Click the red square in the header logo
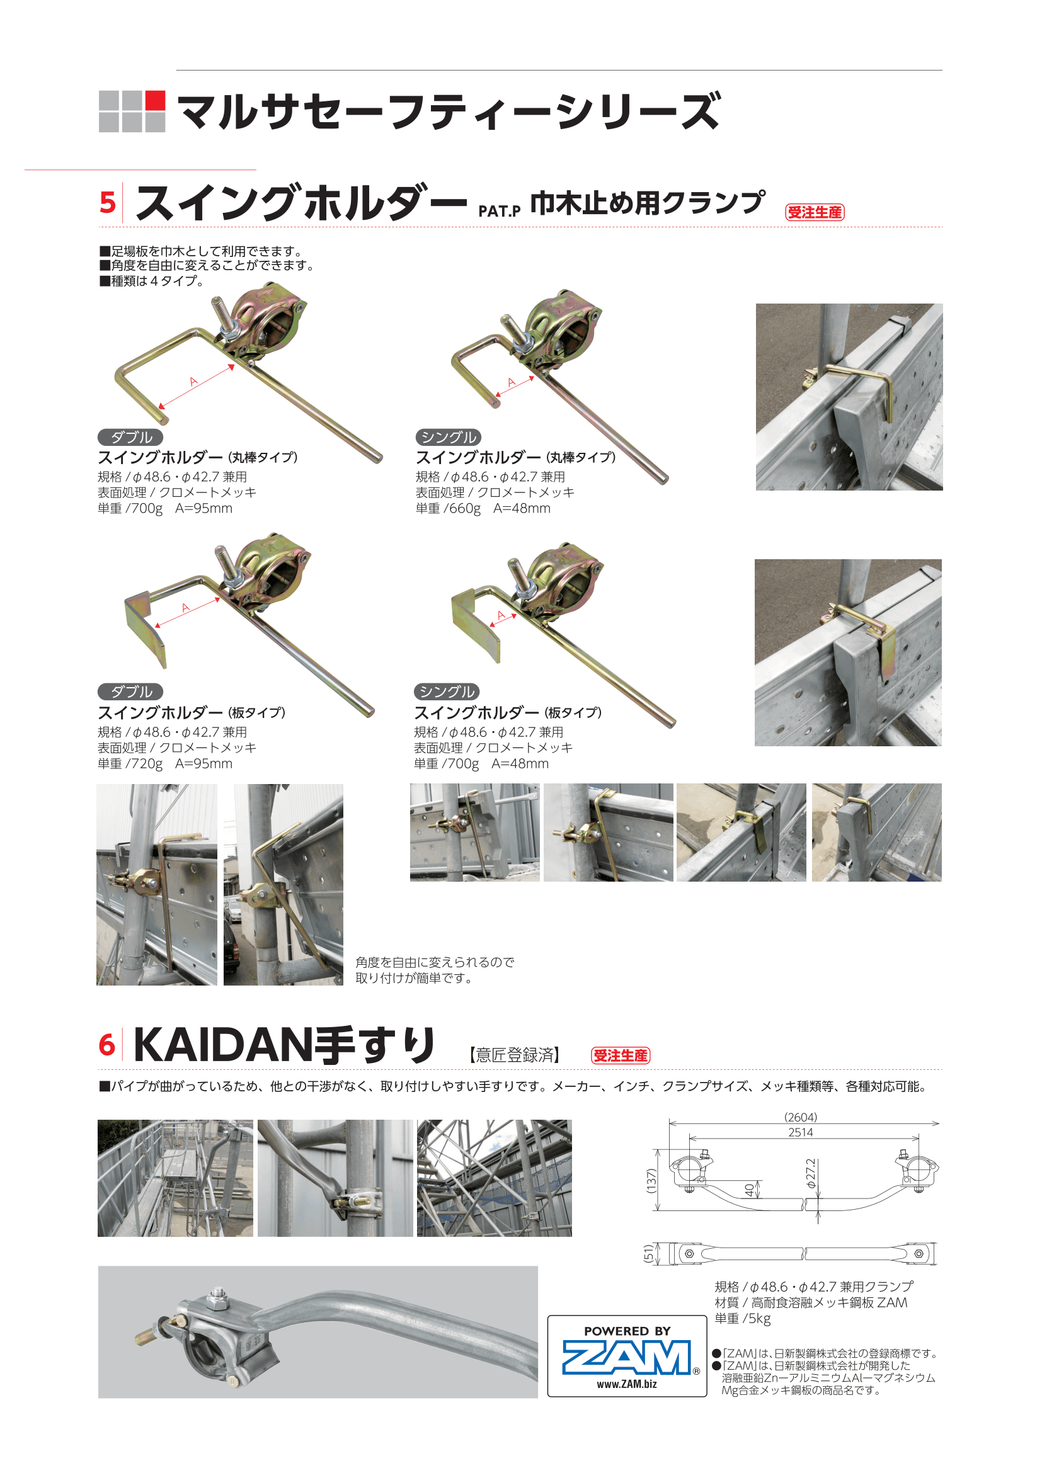pyautogui.click(x=155, y=100)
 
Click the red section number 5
pyautogui.click(x=108, y=203)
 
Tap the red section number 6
pyautogui.click(x=107, y=1045)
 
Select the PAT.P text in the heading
pyautogui.click(x=499, y=212)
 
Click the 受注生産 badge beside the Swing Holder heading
pyautogui.click(x=815, y=212)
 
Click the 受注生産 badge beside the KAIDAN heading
pyautogui.click(x=621, y=1055)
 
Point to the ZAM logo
pyautogui.click(x=627, y=1357)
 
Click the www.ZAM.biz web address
pyautogui.click(x=627, y=1384)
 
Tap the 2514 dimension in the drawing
pyautogui.click(x=801, y=1132)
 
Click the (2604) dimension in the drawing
pyautogui.click(x=801, y=1117)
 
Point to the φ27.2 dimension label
pyautogui.click(x=811, y=1173)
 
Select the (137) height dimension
pyautogui.click(x=652, y=1181)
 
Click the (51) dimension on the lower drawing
pyautogui.click(x=649, y=1253)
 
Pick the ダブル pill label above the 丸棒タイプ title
pyautogui.click(x=130, y=437)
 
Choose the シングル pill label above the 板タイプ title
pyautogui.click(x=447, y=691)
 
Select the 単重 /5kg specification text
pyautogui.click(x=742, y=1318)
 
